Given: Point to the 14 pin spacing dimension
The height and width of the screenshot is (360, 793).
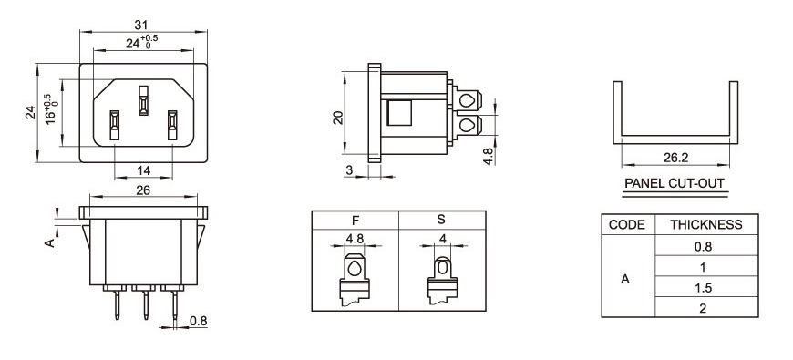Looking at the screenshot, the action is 144,170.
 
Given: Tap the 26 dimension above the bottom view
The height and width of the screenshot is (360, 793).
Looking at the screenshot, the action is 144,190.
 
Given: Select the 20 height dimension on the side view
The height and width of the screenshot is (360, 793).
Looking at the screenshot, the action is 338,118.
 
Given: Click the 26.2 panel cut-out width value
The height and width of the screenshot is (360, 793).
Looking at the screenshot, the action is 675,158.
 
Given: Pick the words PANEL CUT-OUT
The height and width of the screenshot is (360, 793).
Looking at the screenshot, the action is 675,183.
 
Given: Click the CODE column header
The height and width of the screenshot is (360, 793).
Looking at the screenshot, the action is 626,224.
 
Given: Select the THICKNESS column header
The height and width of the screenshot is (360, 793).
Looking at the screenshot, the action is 706,224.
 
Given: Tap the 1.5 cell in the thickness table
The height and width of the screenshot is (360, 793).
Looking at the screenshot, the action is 703,288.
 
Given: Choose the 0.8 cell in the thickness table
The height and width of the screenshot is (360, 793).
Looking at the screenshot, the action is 703,247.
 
